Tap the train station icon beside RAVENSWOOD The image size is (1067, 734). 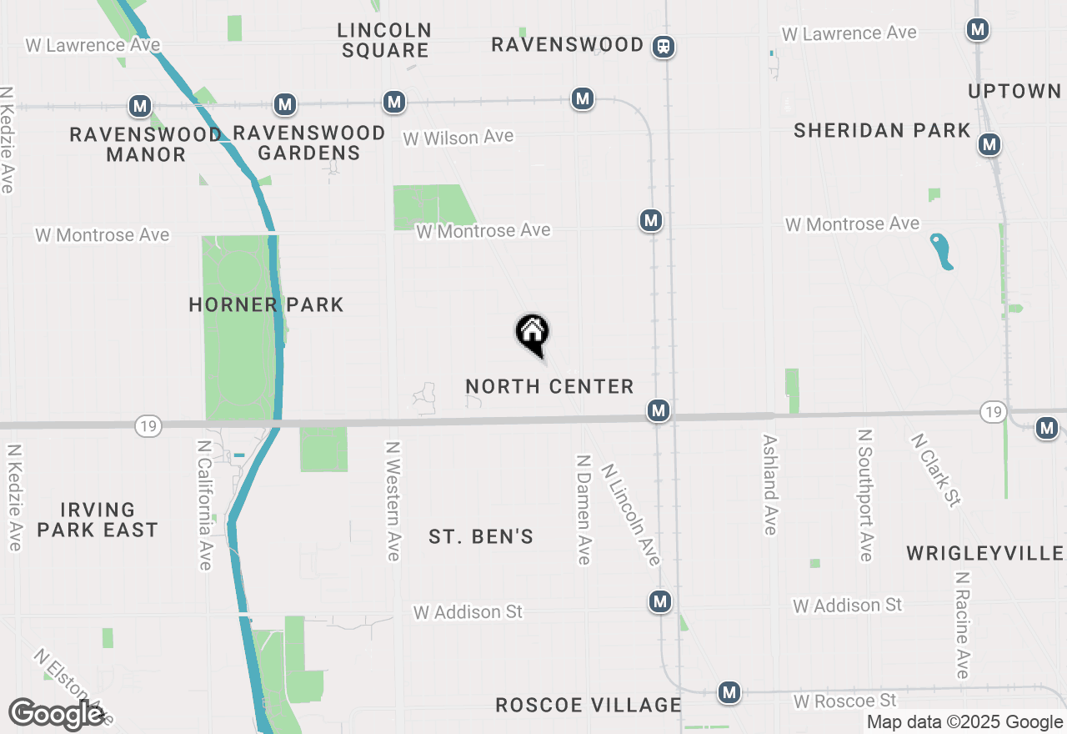pos(664,46)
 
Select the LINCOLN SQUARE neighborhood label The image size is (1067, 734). pos(385,40)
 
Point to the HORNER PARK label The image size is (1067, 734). pos(266,304)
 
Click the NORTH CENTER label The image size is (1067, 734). pos(549,386)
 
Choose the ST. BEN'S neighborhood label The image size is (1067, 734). pos(481,536)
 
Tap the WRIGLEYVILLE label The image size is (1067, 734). pos(984,553)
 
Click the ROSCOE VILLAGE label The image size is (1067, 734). pos(589,705)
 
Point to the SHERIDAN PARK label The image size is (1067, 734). pos(882,130)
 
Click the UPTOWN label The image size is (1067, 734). pos(1014,91)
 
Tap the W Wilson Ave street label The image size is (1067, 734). pos(458,138)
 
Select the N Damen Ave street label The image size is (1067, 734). pos(584,509)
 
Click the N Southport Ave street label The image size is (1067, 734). pos(866,495)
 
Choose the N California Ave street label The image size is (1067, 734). pos(205,505)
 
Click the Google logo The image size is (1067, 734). pos(56,714)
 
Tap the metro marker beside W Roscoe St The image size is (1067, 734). pos(730,692)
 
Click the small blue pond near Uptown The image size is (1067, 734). pos(942,251)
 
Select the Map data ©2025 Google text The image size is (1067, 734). pos(964,722)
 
